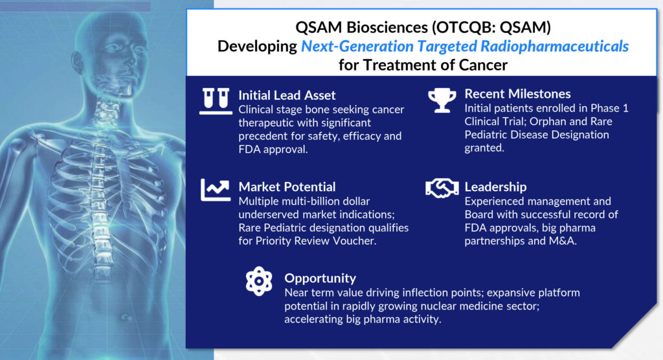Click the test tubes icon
[x=216, y=101]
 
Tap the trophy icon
[x=442, y=100]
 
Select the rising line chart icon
[x=216, y=190]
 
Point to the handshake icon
[x=442, y=188]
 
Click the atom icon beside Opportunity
[x=259, y=281]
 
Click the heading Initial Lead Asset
[x=287, y=95]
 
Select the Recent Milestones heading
[x=517, y=94]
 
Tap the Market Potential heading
[x=287, y=187]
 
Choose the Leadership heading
[x=495, y=187]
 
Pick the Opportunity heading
[x=320, y=278]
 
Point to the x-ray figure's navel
[x=125, y=317]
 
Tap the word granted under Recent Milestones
[x=484, y=148]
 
